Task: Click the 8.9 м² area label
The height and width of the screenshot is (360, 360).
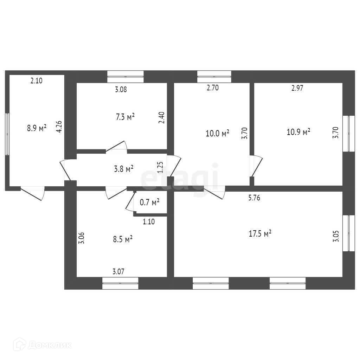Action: [37, 128]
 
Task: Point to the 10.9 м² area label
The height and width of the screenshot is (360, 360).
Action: [298, 132]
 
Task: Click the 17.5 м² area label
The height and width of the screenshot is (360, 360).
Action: [261, 233]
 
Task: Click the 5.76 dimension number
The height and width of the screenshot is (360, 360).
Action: [254, 198]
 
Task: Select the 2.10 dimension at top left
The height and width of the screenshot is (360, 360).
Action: [37, 81]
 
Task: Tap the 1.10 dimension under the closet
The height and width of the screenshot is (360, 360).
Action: [149, 221]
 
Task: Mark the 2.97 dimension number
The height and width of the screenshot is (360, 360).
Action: [297, 88]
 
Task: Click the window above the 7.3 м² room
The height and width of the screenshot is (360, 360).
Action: [126, 76]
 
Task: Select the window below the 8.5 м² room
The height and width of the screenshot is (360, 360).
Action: [120, 283]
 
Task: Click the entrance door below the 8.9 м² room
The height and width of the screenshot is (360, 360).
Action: [33, 193]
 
